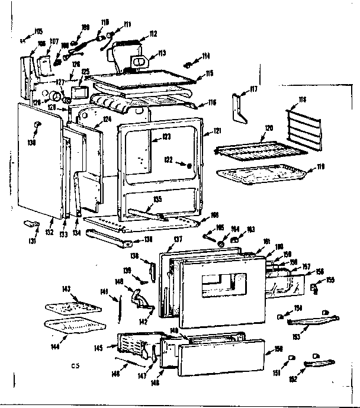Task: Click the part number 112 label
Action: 153,34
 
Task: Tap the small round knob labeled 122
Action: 189,166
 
